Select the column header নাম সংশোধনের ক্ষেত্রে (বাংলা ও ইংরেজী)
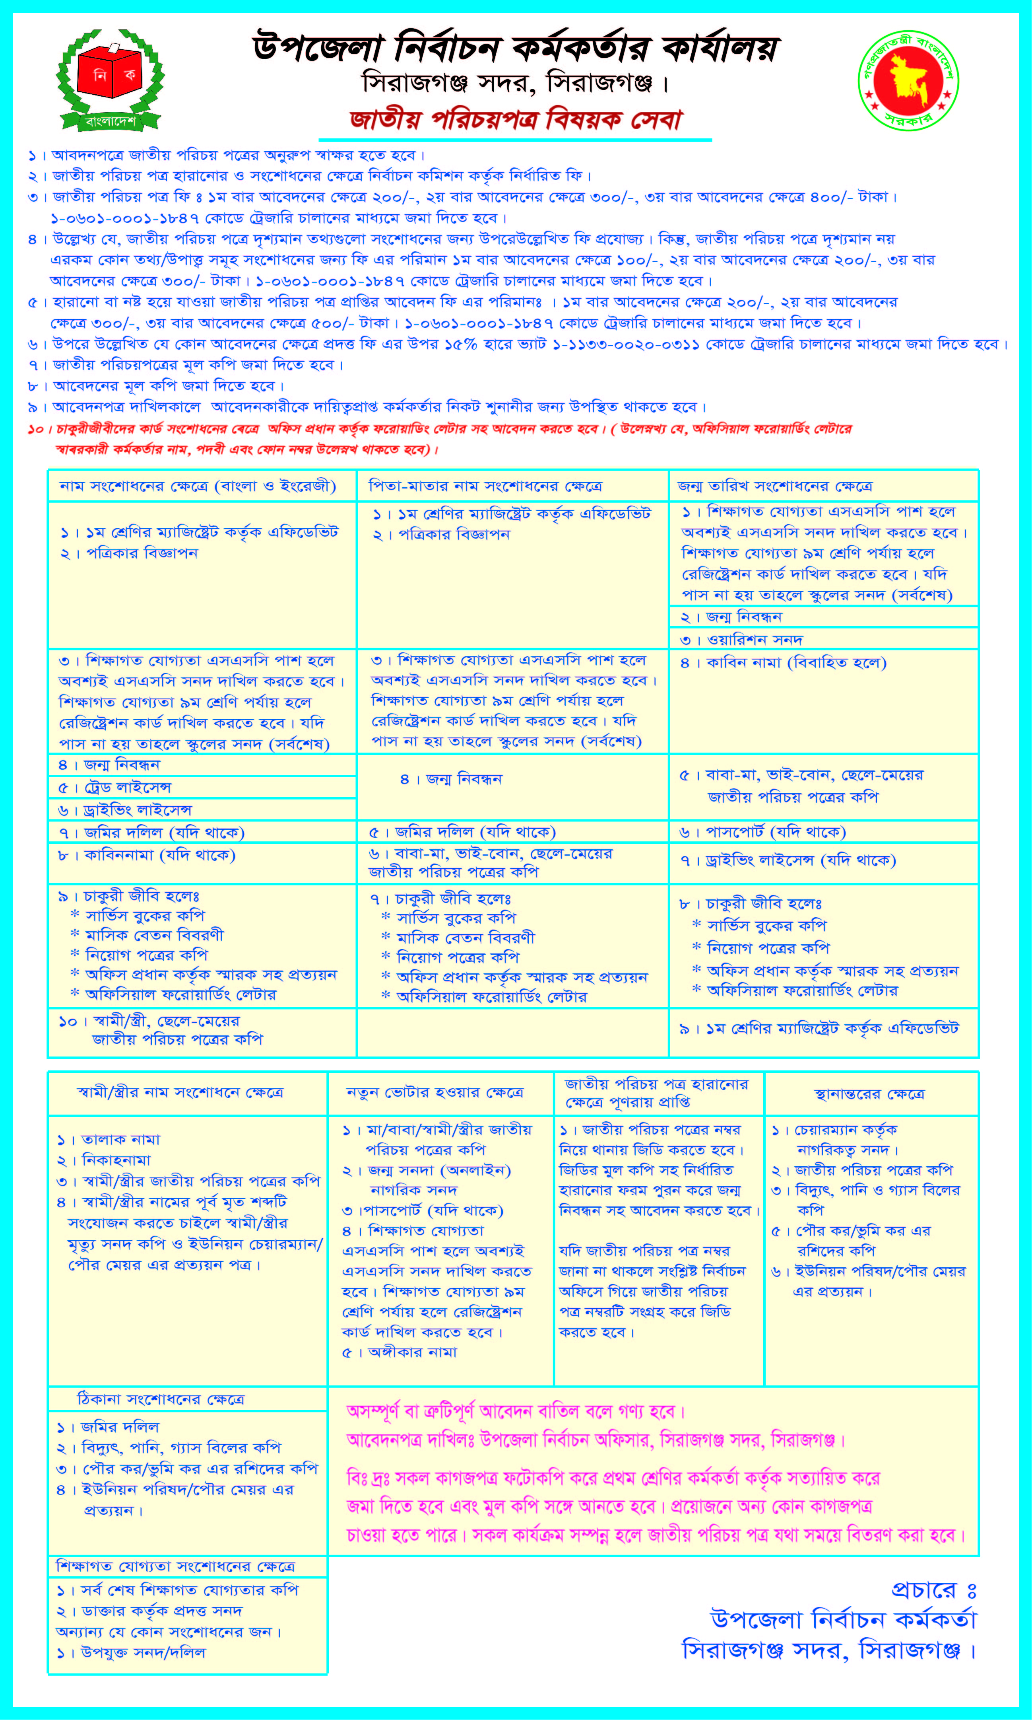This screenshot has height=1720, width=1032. tap(198, 486)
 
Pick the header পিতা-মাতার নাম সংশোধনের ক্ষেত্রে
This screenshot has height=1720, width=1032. tap(485, 486)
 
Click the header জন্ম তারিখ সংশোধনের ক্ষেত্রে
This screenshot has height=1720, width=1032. tap(775, 486)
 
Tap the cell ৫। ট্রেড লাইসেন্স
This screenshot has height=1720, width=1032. tap(115, 788)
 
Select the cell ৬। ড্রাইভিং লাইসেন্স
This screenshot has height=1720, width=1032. tap(125, 810)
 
